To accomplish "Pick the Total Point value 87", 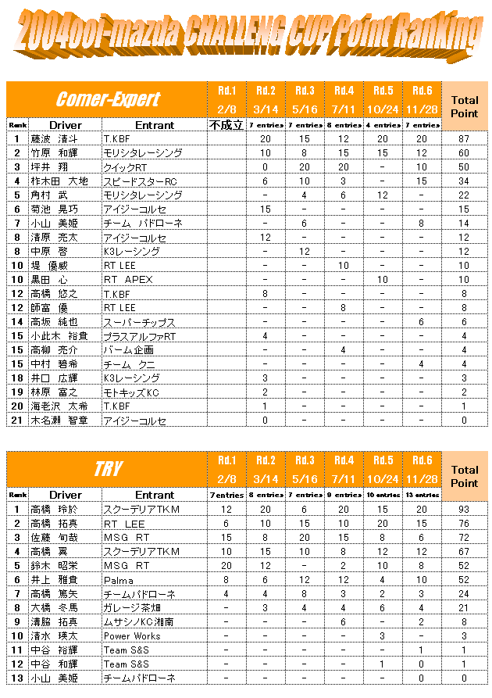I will [x=464, y=139].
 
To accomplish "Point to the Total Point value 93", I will [x=464, y=510].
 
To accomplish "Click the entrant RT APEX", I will [x=128, y=280].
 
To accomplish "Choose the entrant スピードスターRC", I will [x=140, y=181].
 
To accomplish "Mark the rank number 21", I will [x=16, y=421].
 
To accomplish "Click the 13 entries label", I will [x=422, y=496].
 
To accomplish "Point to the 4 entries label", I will [x=383, y=125].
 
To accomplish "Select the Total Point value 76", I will [x=464, y=524].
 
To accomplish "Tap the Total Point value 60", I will [x=464, y=153].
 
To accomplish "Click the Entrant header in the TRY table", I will [x=154, y=495].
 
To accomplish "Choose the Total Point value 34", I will [x=464, y=181].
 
